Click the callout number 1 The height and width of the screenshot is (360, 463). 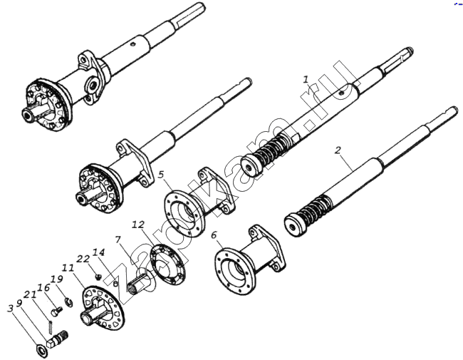click(x=306, y=79)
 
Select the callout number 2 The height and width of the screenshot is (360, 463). click(x=338, y=150)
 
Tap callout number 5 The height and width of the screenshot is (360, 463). click(x=161, y=175)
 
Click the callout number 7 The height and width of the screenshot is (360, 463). click(x=118, y=239)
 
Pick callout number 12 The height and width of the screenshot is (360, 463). click(x=138, y=225)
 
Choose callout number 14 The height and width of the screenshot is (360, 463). click(x=98, y=252)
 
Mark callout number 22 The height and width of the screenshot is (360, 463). click(x=83, y=259)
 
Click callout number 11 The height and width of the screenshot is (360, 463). click(x=68, y=268)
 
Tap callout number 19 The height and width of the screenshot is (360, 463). click(x=57, y=279)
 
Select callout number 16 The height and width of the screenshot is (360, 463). click(x=43, y=287)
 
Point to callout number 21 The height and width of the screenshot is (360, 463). click(x=30, y=294)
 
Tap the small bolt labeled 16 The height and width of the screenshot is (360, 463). click(x=57, y=311)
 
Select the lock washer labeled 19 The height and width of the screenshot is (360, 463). click(x=69, y=302)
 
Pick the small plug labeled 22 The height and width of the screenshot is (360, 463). click(x=98, y=277)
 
